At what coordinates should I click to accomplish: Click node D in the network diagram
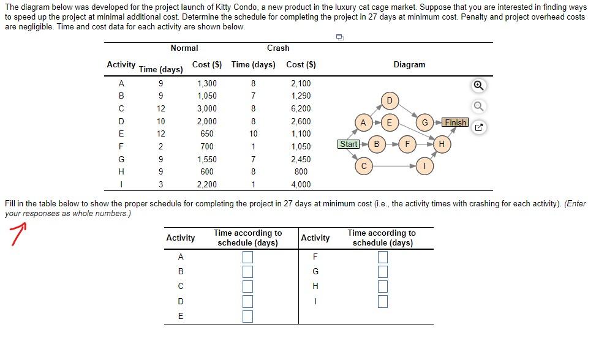point(390,100)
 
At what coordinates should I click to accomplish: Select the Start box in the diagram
point(349,144)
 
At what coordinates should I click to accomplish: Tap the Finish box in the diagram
point(456,122)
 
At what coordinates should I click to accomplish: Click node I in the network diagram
point(425,166)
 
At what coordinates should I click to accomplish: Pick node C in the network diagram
point(364,166)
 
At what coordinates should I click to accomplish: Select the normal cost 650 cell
point(206,133)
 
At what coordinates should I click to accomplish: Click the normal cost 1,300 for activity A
point(206,83)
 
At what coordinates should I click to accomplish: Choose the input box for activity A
point(247,257)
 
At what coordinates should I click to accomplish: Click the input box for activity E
point(247,316)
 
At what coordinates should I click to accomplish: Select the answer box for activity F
point(383,257)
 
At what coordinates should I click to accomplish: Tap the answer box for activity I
point(383,301)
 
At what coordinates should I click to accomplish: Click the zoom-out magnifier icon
point(479,107)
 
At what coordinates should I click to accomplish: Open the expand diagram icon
point(479,128)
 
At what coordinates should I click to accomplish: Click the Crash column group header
point(278,48)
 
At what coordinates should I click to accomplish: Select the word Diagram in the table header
point(409,64)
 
